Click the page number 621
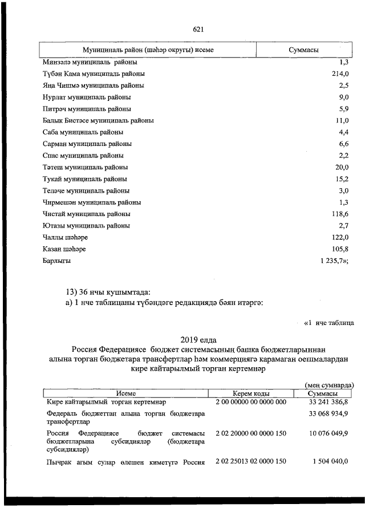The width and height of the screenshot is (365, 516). pos(198,29)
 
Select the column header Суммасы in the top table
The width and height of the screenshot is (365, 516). pos(304,50)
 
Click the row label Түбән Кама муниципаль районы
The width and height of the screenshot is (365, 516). pos(93,74)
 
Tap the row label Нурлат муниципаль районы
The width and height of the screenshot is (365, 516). pos(87,97)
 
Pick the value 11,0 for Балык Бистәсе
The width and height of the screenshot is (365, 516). pos(342,120)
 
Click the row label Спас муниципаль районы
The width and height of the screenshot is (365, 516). pos(83,156)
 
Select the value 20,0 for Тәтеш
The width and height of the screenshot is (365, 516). pos(341,167)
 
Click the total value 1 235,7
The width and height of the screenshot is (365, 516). pos(336,261)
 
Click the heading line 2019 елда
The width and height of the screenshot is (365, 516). pos(198,339)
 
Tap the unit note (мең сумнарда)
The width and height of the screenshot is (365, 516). pos(329,385)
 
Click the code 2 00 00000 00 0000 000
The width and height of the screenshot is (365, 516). pos(251,403)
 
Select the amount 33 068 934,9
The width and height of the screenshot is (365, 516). pos(328,413)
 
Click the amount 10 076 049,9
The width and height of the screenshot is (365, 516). pos(328,433)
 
